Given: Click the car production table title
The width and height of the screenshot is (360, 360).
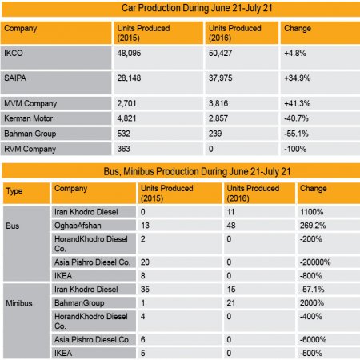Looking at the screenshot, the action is coord(197,8).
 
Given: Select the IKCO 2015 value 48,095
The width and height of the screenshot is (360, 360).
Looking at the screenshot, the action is coord(129,53).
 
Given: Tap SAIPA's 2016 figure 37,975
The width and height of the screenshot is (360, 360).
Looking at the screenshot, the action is coord(221,78).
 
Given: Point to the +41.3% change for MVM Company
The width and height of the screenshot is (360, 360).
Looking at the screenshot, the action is coord(297,103).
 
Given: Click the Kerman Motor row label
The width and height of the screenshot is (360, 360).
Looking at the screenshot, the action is coord(28,118).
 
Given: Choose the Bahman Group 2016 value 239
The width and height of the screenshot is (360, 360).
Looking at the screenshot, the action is coord(215,134).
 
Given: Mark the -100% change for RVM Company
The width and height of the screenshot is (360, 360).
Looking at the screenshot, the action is coord(295,149).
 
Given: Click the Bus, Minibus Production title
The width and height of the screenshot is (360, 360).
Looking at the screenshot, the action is coord(197,171).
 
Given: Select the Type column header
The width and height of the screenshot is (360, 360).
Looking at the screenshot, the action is coord(14,191).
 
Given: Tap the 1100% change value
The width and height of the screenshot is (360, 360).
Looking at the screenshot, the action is coord(311,212).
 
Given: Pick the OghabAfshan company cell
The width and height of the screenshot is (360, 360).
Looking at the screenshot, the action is coord(78,226).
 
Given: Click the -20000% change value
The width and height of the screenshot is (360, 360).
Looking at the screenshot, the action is coord(315,262).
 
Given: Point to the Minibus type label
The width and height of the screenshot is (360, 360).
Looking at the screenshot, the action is coord(19,303).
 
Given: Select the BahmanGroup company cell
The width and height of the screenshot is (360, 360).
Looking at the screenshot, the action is coord(79,303).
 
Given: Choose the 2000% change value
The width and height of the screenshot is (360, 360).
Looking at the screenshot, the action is coord(312,303).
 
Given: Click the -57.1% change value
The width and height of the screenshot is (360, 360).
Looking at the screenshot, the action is coord(312,290).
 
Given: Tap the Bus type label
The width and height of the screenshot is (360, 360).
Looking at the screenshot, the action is coord(13,226).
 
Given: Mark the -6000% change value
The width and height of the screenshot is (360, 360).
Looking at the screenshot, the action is coord(313,339).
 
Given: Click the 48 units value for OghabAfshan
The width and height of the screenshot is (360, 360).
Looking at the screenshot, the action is coord(231,226).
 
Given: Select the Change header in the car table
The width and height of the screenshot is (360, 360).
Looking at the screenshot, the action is coord(298,28).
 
